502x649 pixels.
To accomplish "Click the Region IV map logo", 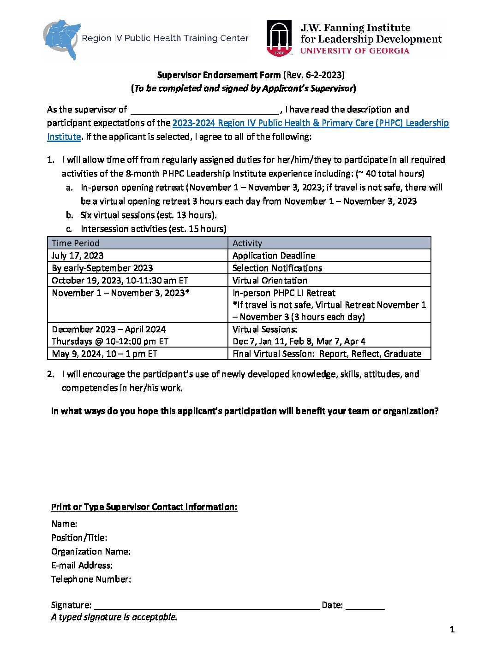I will (x=62, y=39).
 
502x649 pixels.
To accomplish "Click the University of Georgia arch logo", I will (x=279, y=39).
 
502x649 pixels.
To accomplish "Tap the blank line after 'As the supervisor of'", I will (x=205, y=111).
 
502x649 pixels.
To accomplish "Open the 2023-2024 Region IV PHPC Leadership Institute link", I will (x=310, y=123).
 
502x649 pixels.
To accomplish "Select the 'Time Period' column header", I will (x=76, y=243).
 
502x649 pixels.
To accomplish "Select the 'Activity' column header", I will (x=247, y=243).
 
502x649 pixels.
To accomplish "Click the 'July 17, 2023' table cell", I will (x=78, y=255).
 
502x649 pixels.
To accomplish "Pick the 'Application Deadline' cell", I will (x=274, y=255).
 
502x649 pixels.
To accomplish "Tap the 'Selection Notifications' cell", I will (x=277, y=268).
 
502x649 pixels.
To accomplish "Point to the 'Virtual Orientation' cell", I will (x=269, y=280).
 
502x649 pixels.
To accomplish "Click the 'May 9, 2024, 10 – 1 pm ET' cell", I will (x=104, y=354).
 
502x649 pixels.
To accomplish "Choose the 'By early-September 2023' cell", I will (x=102, y=268).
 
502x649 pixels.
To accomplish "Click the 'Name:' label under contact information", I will (x=64, y=524).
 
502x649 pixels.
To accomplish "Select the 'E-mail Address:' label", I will (x=82, y=565).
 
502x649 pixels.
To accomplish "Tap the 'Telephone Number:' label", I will (x=91, y=579).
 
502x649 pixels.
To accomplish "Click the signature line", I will (x=206, y=606).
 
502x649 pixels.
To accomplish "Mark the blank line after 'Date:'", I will (x=365, y=606).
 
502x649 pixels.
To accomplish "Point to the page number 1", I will (x=452, y=629).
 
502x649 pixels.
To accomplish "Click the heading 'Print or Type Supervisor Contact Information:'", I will (x=144, y=507).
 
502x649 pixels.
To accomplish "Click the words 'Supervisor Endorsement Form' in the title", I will (x=219, y=75).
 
